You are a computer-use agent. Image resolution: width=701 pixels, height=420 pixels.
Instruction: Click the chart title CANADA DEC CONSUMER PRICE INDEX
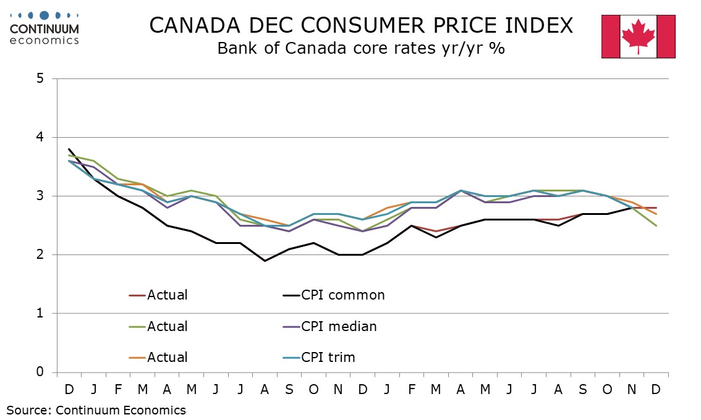pyautogui.click(x=361, y=25)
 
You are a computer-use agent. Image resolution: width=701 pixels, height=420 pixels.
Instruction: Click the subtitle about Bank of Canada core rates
pyautogui.click(x=361, y=48)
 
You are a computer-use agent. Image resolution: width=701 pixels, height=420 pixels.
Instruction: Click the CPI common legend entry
pyautogui.click(x=342, y=295)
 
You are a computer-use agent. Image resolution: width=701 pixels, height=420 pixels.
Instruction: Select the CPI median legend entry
pyautogui.click(x=339, y=326)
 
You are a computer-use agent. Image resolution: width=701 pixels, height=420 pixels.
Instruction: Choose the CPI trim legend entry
pyautogui.click(x=328, y=357)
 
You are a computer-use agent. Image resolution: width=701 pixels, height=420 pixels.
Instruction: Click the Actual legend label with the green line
pyautogui.click(x=167, y=326)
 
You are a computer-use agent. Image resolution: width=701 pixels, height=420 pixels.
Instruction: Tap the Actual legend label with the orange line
pyautogui.click(x=167, y=357)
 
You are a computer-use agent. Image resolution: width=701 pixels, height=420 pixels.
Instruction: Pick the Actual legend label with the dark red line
pyautogui.click(x=167, y=295)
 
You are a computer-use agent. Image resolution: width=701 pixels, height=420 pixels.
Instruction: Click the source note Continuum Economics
pyautogui.click(x=96, y=409)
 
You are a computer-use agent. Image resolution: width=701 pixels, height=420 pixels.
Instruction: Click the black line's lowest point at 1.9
pyautogui.click(x=266, y=261)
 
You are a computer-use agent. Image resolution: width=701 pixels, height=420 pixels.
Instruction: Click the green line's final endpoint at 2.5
pyautogui.click(x=656, y=225)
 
